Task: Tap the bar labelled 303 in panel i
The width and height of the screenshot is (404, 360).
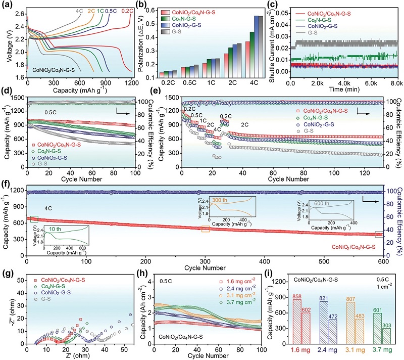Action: coord(386,335)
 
